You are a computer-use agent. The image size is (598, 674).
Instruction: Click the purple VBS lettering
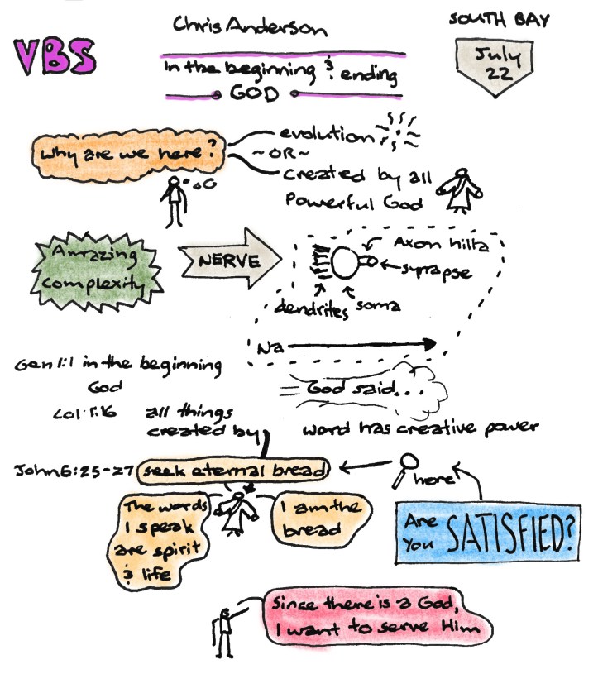tap(55, 56)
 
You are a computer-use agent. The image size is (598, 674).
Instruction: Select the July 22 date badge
tap(495, 66)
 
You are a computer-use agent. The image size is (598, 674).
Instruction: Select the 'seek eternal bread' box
tap(234, 471)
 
